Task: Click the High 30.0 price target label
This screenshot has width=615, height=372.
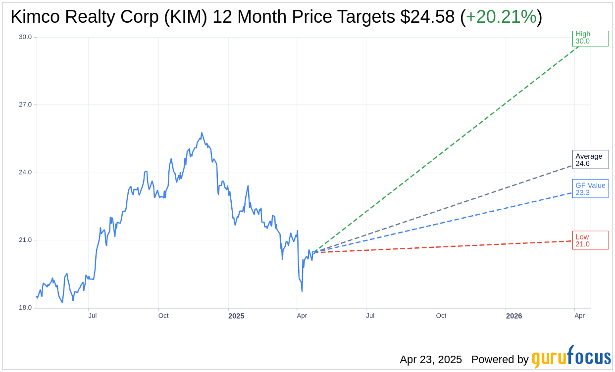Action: [x=590, y=38]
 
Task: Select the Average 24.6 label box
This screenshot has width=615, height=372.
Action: [x=590, y=160]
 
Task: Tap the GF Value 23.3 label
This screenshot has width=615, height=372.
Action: [x=590, y=189]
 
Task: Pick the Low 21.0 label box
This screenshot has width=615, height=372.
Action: [x=590, y=240]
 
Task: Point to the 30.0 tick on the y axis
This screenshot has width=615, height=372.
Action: [x=25, y=37]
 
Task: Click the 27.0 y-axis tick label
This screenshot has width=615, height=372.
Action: [x=25, y=105]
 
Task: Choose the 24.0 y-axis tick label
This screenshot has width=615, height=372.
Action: [x=25, y=173]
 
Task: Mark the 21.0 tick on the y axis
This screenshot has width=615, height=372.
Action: [x=25, y=240]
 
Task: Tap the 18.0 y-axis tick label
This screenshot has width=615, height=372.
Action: [x=25, y=308]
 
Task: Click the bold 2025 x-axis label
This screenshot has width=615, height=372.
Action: [x=236, y=316]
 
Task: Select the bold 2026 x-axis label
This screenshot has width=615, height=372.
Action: [x=513, y=316]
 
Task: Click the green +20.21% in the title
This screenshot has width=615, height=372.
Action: [x=501, y=17]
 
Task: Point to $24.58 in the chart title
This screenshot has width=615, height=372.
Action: [x=427, y=17]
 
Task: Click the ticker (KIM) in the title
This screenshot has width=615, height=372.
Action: [x=189, y=17]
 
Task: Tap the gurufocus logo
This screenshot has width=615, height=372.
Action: [x=571, y=357]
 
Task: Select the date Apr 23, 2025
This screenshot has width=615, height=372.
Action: [x=431, y=360]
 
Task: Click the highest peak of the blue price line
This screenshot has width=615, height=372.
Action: [x=202, y=133]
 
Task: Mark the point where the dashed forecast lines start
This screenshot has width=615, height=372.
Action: [x=313, y=252]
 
